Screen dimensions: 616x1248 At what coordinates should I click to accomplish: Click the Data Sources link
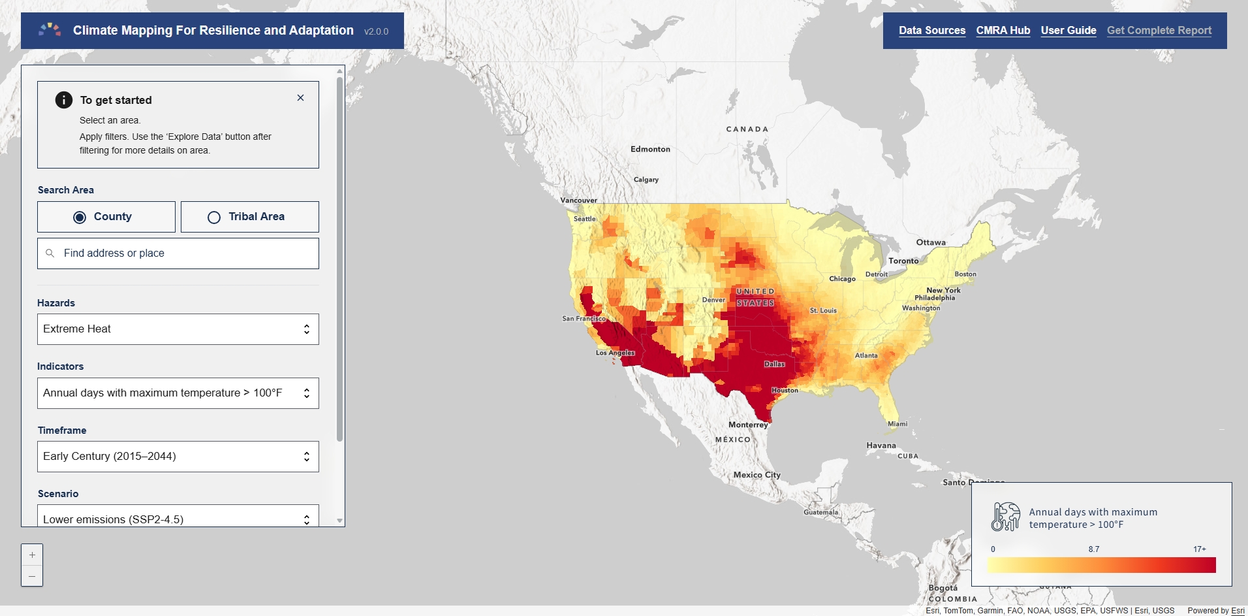(931, 31)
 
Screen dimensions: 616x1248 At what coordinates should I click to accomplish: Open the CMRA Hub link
(1003, 31)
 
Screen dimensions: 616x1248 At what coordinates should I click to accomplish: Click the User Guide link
(1068, 31)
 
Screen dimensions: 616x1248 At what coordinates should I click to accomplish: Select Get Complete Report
(1159, 31)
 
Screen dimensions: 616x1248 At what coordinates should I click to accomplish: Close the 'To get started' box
(300, 98)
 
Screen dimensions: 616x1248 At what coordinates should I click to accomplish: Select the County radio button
(80, 218)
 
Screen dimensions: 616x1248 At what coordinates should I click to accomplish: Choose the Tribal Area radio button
(214, 218)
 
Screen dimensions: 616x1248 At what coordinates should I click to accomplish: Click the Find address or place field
(178, 253)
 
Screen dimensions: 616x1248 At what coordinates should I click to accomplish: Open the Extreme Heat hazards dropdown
(178, 329)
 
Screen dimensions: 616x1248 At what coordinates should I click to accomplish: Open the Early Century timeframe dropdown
(178, 457)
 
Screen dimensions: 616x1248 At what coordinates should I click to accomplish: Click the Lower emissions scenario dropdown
(178, 519)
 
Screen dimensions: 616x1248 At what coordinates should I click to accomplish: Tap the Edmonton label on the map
(650, 150)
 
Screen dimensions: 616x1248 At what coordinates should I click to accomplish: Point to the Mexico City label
(757, 475)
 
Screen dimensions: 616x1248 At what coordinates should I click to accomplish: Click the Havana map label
(881, 446)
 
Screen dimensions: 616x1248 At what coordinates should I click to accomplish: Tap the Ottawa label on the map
(931, 242)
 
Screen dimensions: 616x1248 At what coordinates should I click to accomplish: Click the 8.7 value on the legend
(1093, 549)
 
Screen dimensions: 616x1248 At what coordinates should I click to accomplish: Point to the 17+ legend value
(1199, 549)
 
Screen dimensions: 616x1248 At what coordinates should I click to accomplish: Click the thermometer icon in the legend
(1005, 517)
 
